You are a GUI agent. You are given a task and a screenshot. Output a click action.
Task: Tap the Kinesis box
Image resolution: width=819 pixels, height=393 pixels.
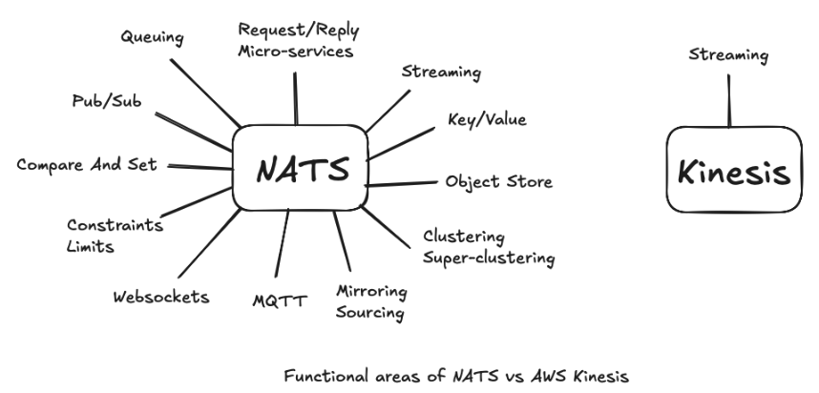(733, 173)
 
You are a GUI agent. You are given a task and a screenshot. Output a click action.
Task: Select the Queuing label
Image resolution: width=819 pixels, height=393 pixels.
(152, 38)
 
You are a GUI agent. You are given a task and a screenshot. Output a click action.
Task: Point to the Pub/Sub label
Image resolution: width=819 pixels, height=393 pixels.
(106, 100)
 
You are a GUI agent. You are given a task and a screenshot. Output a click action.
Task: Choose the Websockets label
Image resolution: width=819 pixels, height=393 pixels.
(160, 297)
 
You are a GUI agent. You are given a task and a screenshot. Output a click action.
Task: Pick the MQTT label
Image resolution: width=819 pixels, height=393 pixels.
(280, 302)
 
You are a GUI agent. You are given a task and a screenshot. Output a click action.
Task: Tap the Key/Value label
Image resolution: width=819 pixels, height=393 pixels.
(487, 120)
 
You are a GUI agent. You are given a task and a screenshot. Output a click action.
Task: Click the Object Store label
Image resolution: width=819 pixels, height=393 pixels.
(498, 182)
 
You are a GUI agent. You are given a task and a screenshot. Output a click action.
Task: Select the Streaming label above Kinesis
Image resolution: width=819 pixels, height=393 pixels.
(728, 55)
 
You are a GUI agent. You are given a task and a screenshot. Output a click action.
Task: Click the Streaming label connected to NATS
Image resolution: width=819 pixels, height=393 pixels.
(441, 72)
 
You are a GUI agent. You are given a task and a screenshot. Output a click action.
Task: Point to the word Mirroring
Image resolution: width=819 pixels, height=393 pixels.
(372, 291)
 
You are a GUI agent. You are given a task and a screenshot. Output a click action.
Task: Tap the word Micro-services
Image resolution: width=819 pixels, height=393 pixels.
(296, 52)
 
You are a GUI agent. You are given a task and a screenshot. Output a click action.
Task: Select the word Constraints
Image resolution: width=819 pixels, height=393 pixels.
(115, 226)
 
